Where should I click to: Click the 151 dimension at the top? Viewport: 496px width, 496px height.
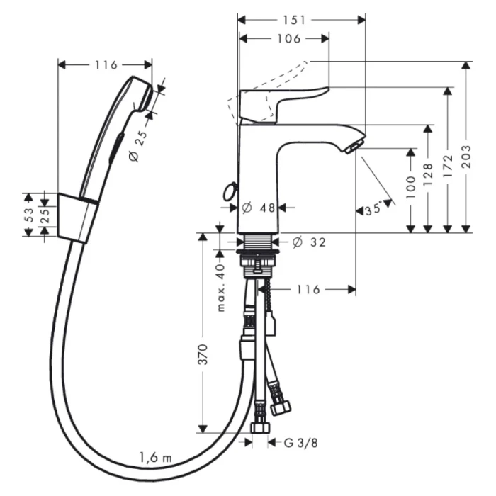302,19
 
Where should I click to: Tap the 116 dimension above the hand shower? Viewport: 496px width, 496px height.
106,65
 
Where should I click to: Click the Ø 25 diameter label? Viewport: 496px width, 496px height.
138,145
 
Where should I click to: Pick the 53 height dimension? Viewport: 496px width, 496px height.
29,214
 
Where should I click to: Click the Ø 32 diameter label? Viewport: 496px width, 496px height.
309,242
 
